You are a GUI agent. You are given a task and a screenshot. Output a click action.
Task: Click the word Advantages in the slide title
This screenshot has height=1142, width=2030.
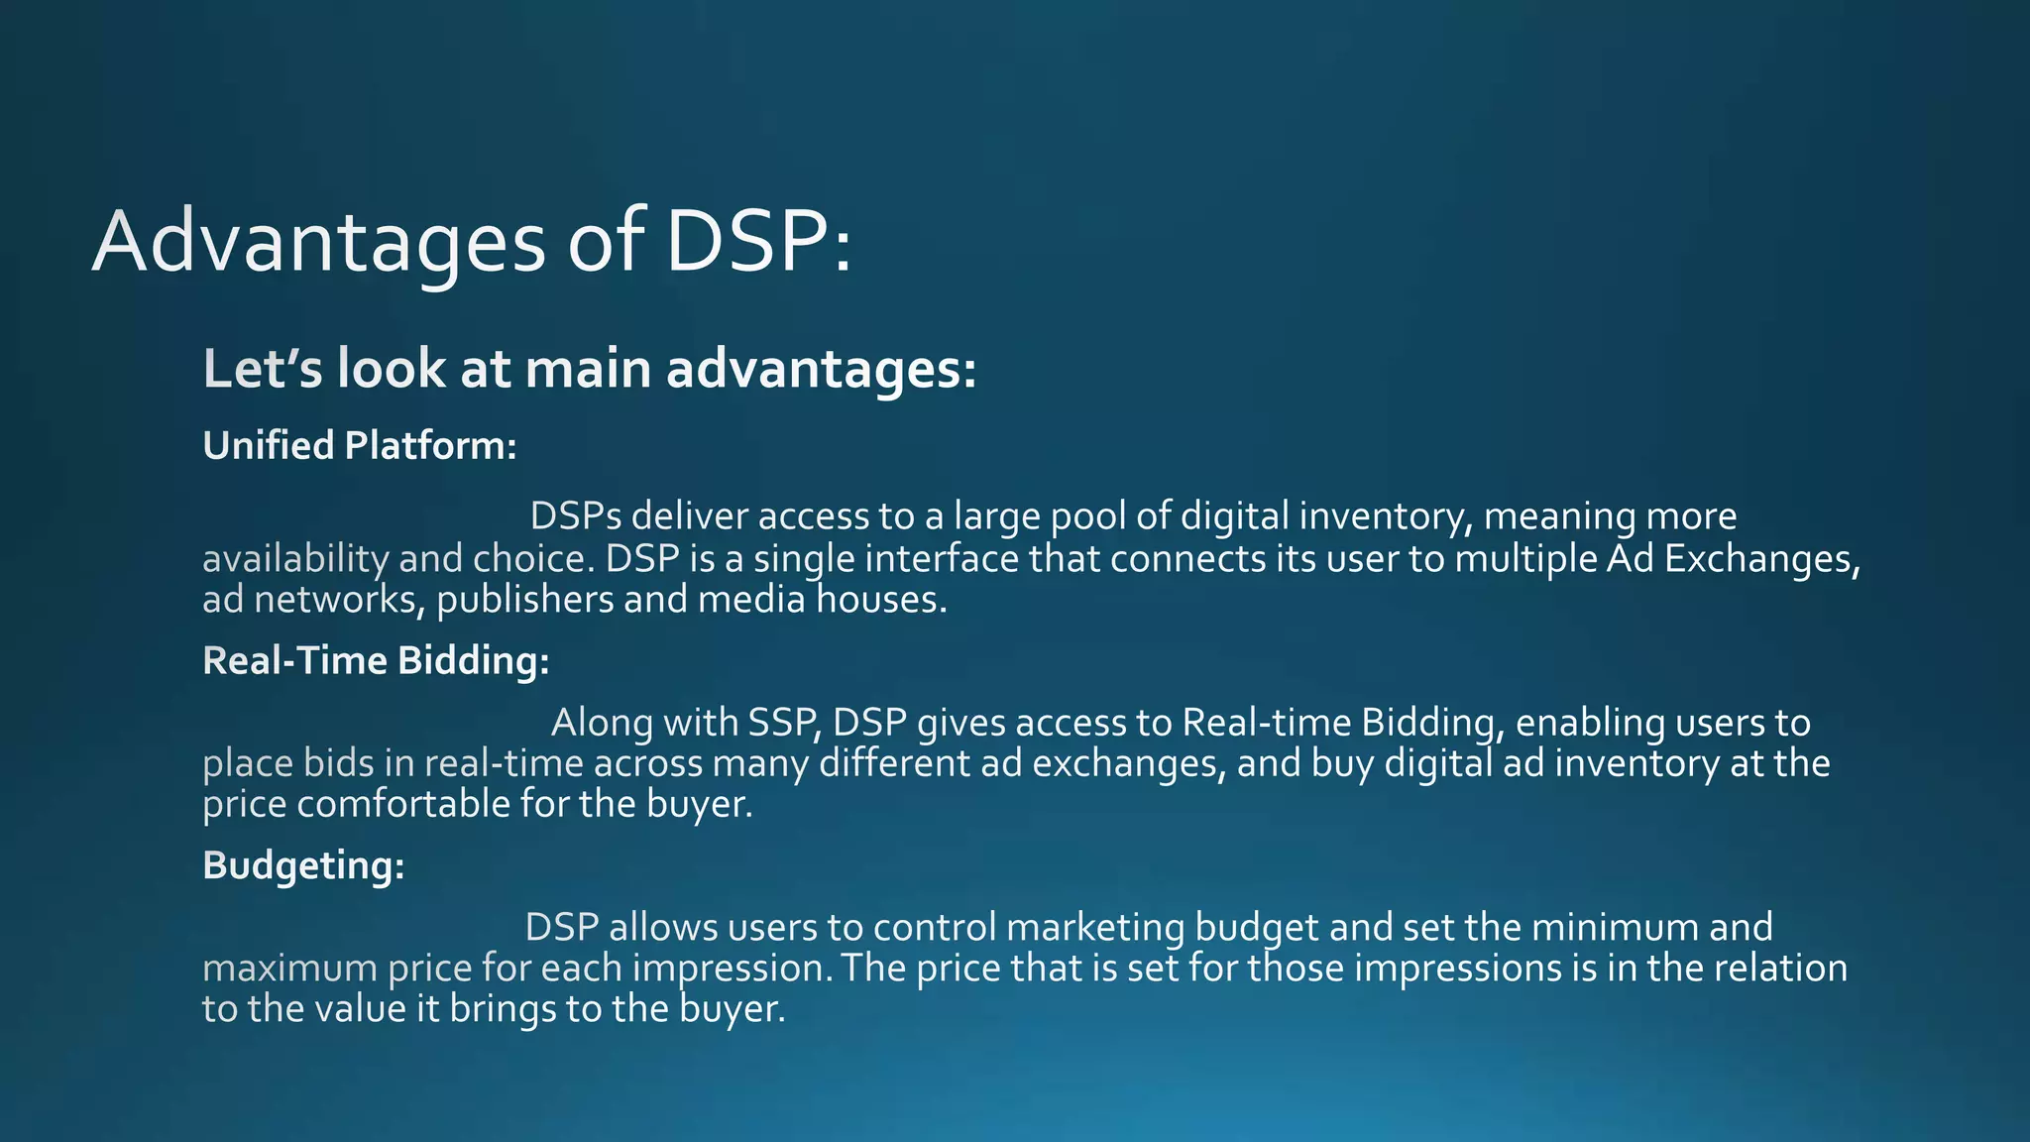pyautogui.click(x=318, y=243)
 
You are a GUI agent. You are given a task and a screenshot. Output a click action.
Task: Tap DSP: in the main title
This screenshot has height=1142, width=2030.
pyautogui.click(x=757, y=243)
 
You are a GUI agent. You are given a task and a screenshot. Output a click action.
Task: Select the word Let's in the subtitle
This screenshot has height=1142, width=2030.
pyautogui.click(x=262, y=369)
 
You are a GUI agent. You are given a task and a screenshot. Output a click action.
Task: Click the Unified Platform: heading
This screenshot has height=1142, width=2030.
pyautogui.click(x=360, y=446)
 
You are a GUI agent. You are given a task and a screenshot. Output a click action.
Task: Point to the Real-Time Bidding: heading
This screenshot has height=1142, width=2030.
pyautogui.click(x=376, y=660)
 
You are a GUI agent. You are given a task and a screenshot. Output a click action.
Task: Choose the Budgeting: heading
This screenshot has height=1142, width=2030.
pyautogui.click(x=303, y=865)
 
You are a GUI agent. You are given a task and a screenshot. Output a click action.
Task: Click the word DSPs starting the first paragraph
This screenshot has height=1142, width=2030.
pyautogui.click(x=575, y=516)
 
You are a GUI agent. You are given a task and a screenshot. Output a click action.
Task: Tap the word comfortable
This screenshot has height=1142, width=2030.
pyautogui.click(x=403, y=804)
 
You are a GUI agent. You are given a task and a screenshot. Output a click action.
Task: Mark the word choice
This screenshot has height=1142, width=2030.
pyautogui.click(x=533, y=559)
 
